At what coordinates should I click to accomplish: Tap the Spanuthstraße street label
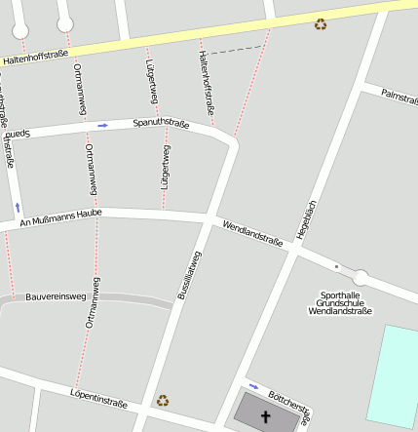(x=161, y=124)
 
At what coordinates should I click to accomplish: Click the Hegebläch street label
(x=307, y=219)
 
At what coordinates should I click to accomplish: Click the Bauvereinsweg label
(x=57, y=295)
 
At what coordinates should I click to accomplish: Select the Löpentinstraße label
(x=98, y=397)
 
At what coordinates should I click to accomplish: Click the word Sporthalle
(x=340, y=295)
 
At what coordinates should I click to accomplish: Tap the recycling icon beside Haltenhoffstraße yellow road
(x=321, y=24)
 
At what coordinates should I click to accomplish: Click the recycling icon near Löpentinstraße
(x=163, y=400)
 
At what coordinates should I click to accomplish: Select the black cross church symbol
(x=265, y=416)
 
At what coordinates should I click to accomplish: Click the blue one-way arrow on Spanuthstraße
(x=102, y=126)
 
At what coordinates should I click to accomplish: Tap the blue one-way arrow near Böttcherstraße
(x=253, y=385)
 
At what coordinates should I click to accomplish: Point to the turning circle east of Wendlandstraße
(x=361, y=277)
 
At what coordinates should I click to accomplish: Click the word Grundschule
(x=340, y=302)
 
